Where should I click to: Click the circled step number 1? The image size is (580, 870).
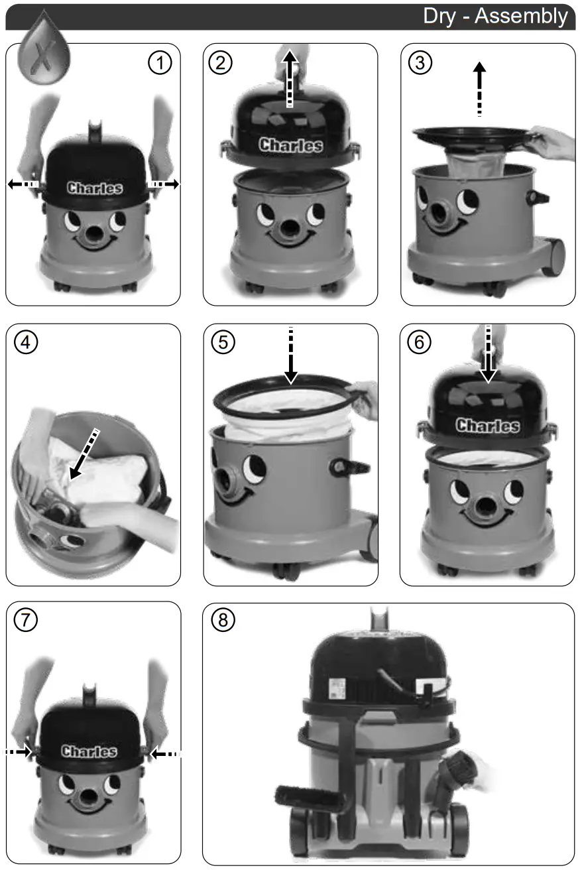[160, 63]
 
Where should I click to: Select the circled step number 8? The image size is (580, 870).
[223, 621]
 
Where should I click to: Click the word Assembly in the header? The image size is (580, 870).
[521, 16]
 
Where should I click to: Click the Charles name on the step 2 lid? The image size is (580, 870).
[290, 145]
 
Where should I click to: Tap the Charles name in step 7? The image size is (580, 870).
[89, 751]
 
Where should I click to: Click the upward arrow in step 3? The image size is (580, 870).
[479, 90]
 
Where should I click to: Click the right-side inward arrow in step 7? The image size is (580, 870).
[164, 753]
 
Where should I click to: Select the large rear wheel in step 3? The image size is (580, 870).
[553, 257]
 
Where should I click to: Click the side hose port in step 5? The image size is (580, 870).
[349, 467]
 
